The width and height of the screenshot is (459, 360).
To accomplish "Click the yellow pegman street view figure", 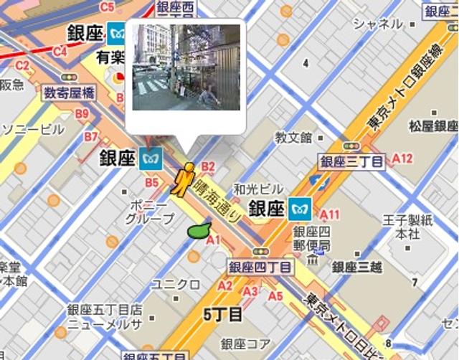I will click(x=184, y=180).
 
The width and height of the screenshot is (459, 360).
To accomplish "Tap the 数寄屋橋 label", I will click(x=69, y=93).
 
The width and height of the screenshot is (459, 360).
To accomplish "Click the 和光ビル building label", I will click(x=253, y=191).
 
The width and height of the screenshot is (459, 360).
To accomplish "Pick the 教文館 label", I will click(x=293, y=136).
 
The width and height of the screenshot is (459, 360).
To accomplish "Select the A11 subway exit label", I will click(x=330, y=214).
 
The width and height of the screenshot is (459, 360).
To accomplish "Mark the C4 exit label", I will click(x=60, y=51).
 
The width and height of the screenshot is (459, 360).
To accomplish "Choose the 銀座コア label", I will click(x=245, y=344).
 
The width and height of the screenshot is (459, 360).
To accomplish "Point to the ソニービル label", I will click(x=33, y=130).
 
